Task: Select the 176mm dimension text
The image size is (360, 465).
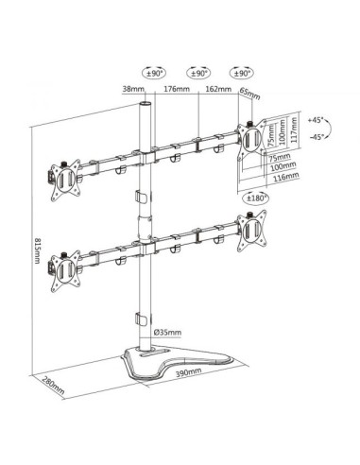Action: (x=174, y=91)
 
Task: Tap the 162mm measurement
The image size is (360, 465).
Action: (x=217, y=91)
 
